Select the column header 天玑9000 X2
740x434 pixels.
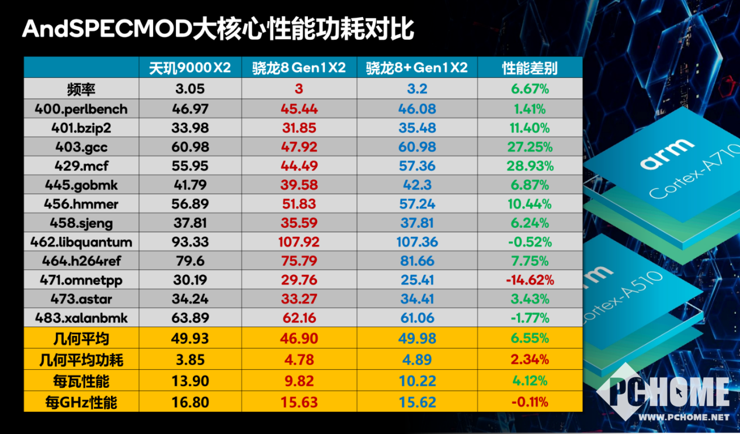coord(190,68)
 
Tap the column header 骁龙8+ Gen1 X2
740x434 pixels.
coord(416,68)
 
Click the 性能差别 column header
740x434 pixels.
coord(530,68)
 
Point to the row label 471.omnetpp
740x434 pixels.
coord(82,280)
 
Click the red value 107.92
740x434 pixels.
coord(299,242)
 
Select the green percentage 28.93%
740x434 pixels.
coord(530,166)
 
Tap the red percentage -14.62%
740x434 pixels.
coord(530,280)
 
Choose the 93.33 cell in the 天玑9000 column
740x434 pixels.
coord(190,242)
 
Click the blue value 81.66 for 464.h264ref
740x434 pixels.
coord(416,261)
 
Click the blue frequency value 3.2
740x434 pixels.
coord(416,89)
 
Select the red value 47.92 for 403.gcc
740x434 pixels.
coord(299,147)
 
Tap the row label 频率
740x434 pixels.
coord(81,89)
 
